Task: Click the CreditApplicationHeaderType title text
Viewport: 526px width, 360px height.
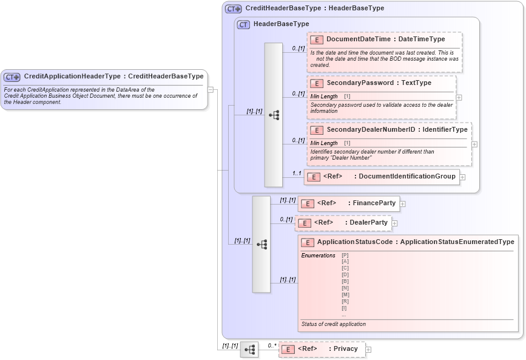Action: point(73,76)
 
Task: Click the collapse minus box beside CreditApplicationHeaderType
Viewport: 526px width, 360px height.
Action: point(210,89)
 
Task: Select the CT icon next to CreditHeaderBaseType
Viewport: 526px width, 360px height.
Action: point(234,9)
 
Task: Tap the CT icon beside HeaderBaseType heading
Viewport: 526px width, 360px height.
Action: point(244,24)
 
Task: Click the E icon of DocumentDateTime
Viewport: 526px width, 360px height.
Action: point(316,39)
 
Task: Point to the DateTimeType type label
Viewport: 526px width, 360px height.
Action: point(422,39)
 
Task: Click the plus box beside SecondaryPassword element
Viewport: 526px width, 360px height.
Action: point(459,97)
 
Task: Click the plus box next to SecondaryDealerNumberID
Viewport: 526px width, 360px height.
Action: point(474,144)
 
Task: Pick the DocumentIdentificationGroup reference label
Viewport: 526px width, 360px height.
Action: point(407,177)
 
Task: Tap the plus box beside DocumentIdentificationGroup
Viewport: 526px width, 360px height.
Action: point(462,177)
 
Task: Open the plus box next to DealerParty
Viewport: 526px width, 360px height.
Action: point(394,223)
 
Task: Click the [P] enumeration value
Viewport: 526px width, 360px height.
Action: point(345,256)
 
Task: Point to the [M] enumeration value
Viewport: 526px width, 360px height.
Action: point(345,294)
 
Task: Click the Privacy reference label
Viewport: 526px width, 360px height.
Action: point(345,349)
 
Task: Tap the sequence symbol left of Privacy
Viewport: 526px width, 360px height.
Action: point(249,350)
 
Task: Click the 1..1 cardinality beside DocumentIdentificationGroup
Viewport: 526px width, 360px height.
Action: point(297,174)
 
